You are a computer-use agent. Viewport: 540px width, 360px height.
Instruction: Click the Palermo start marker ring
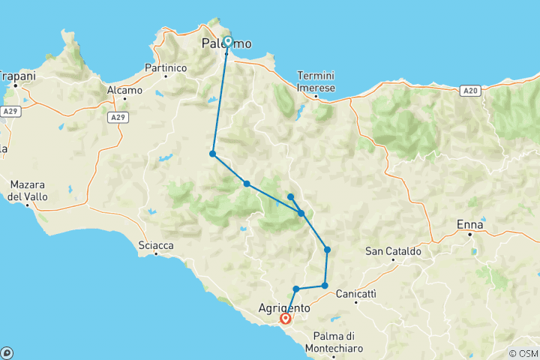click(x=228, y=42)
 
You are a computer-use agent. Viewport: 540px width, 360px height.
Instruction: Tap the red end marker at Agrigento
click(x=285, y=319)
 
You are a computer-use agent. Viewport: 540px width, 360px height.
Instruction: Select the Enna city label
click(x=470, y=225)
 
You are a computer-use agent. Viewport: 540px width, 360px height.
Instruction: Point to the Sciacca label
click(x=156, y=245)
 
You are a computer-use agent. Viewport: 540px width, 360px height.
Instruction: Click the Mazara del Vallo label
click(x=28, y=191)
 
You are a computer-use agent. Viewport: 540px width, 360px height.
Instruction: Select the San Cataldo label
click(x=393, y=251)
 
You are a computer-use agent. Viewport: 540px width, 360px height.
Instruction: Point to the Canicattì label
click(x=356, y=293)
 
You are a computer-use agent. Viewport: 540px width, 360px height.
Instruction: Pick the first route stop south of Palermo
click(x=213, y=154)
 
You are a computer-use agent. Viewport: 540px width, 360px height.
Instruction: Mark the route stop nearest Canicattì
click(x=325, y=285)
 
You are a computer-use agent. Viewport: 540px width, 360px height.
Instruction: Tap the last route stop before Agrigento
click(x=296, y=289)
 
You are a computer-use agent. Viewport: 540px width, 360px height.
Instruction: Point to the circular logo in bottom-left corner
click(x=7, y=352)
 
